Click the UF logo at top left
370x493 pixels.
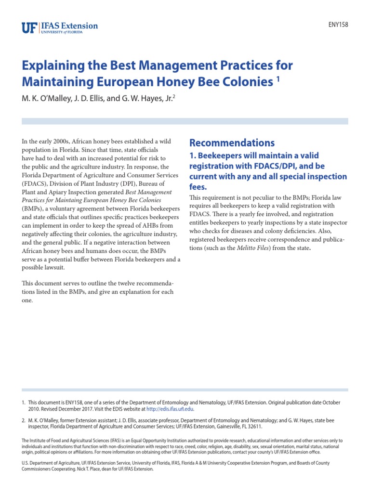(x=28, y=27)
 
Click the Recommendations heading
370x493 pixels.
(x=232, y=143)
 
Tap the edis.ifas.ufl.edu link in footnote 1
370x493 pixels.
(x=170, y=409)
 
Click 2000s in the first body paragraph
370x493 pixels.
(x=59, y=141)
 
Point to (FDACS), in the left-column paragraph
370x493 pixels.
(x=36, y=184)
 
